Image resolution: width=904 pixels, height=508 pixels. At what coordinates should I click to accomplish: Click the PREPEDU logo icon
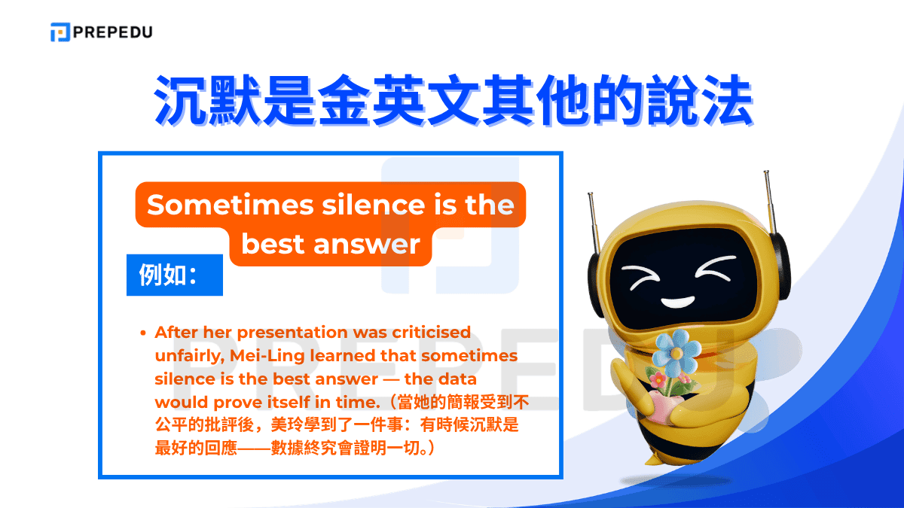tap(60, 32)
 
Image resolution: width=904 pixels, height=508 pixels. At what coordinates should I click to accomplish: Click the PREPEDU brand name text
tap(112, 32)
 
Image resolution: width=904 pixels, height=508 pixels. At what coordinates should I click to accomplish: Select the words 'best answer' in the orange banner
tap(331, 244)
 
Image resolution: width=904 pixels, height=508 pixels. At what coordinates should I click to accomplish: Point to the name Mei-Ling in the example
tap(291, 354)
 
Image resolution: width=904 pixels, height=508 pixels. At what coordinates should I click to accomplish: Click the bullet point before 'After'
tap(142, 333)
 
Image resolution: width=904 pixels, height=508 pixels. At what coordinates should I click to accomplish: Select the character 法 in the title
tap(722, 99)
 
